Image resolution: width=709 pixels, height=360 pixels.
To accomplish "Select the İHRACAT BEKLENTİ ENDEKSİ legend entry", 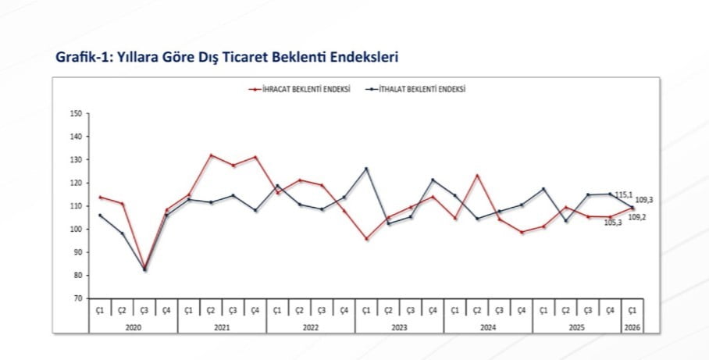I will point(300,90).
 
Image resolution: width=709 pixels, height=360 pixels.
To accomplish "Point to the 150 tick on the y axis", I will point(76,113).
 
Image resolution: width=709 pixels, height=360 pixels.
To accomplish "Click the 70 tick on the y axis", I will point(77,298).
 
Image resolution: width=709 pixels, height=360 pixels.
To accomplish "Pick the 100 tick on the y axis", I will point(76,229).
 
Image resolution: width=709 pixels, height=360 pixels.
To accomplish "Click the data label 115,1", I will point(623,194).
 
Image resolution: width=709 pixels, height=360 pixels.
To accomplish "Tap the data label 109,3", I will point(644,200).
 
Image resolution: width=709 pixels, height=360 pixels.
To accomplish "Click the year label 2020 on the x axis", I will point(133,327).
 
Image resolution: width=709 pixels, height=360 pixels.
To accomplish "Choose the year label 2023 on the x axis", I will point(399,327).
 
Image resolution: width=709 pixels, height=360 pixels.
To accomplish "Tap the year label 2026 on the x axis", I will point(632,327).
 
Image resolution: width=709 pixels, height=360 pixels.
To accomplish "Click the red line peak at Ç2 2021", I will point(211,155).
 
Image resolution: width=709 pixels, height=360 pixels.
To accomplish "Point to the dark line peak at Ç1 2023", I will point(366,169).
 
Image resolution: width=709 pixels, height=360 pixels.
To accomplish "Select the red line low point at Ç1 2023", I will point(366,239).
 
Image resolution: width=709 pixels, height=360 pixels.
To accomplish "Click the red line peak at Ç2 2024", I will point(477,175).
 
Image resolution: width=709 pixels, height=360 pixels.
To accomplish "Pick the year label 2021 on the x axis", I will point(222,327).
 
